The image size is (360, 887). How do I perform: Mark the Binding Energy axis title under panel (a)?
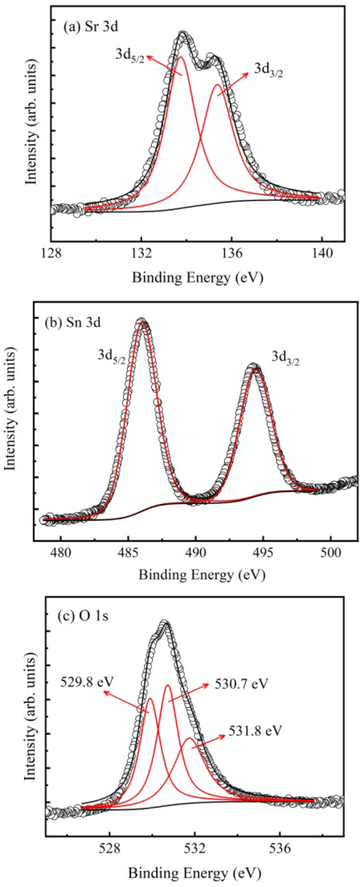coord(198,278)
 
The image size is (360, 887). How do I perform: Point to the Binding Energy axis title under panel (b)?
coord(202,575)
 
